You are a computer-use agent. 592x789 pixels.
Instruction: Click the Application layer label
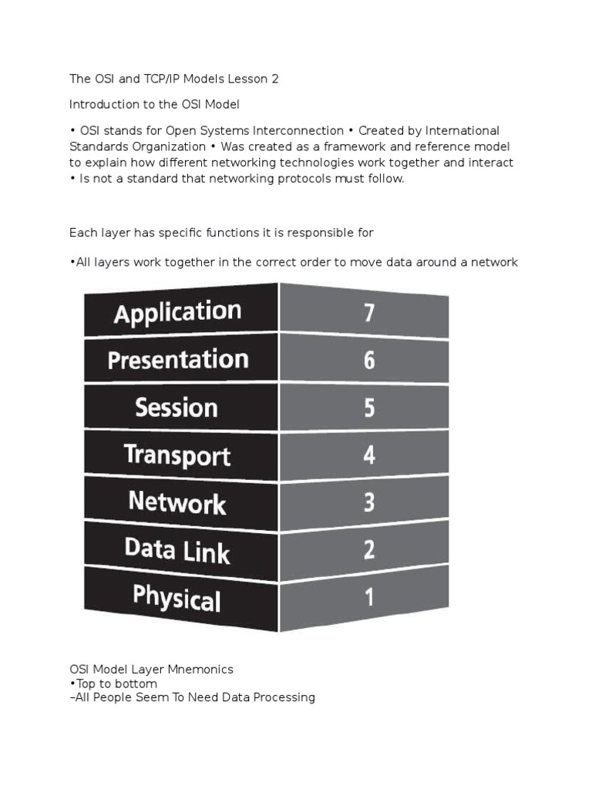click(177, 313)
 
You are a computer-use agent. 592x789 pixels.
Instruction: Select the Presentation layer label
click(178, 360)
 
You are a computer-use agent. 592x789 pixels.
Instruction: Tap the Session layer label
click(177, 407)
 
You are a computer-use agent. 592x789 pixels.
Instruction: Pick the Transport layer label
click(177, 455)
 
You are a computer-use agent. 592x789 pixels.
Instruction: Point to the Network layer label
click(177, 502)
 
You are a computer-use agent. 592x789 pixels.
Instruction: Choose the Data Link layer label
click(177, 549)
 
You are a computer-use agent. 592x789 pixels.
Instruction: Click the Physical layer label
click(177, 597)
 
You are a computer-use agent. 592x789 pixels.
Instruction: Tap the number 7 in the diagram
click(369, 313)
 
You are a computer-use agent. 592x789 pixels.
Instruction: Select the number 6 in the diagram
click(369, 360)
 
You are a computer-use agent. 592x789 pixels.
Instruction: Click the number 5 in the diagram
click(369, 408)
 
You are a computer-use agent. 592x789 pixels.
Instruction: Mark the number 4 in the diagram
click(369, 455)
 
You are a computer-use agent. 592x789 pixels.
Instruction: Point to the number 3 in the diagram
click(369, 502)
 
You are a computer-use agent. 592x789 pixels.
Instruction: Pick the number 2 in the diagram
click(369, 549)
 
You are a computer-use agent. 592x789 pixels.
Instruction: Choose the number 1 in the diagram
click(369, 596)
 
